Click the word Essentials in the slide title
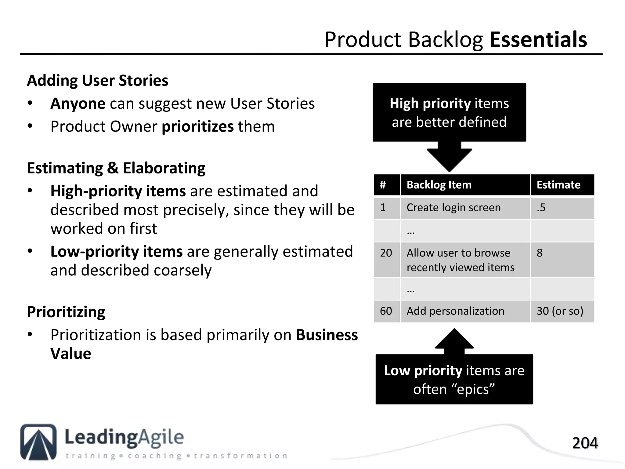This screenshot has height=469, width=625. (538, 40)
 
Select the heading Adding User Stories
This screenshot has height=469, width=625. (97, 81)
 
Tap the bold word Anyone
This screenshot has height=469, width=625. (78, 104)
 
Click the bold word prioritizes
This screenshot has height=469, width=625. (197, 126)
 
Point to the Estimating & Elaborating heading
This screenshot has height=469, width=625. (116, 168)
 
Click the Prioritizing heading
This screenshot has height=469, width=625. (66, 312)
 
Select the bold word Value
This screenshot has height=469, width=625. (71, 354)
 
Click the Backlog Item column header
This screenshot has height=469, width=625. (439, 185)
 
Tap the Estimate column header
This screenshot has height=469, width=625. (558, 185)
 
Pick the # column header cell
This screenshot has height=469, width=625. (383, 185)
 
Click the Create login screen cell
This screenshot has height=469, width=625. (453, 208)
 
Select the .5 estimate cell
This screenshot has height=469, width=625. (541, 208)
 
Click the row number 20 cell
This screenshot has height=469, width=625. (386, 253)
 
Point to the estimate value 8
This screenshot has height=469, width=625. (540, 253)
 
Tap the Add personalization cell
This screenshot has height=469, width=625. (455, 311)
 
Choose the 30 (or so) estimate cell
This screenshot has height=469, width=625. (560, 311)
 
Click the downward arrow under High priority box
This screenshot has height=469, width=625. (449, 157)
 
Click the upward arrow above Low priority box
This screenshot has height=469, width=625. (454, 340)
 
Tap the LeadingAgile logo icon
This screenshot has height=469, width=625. (38, 442)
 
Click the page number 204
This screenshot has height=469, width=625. (585, 443)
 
